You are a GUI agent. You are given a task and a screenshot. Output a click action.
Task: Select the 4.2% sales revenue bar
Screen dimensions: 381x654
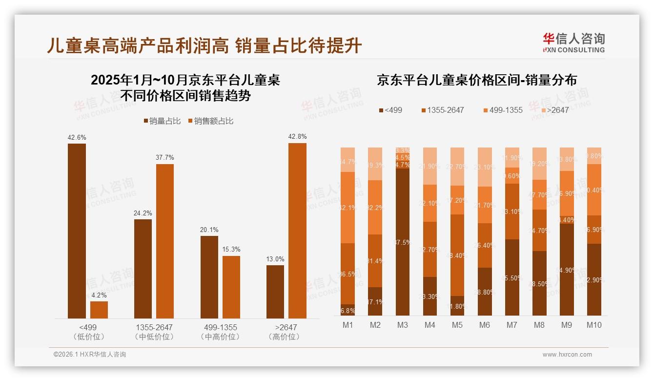click(99, 310)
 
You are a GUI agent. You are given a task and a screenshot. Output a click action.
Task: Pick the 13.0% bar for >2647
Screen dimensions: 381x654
click(275, 292)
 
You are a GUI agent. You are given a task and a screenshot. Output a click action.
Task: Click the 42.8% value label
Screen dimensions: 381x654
click(297, 137)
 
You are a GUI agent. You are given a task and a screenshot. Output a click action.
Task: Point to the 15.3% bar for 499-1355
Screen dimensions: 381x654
click(231, 287)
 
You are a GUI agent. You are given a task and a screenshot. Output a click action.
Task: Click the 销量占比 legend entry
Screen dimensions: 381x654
click(162, 121)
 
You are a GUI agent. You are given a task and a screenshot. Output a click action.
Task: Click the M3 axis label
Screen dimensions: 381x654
click(402, 325)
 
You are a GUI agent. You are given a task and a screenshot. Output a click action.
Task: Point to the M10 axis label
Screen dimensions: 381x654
click(593, 325)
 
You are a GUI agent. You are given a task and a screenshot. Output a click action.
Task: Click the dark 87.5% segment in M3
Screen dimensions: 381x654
click(402, 242)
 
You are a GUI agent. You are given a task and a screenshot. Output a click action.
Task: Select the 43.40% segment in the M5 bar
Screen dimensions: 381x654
click(457, 255)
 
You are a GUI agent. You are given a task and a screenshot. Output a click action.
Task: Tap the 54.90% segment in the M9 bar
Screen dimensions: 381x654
click(566, 269)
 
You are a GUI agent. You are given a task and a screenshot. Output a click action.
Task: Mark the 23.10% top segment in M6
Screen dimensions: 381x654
click(484, 167)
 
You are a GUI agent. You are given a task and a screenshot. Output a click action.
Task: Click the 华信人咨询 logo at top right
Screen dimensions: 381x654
click(573, 42)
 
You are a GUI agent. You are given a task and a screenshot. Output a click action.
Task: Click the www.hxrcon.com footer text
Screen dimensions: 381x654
click(567, 355)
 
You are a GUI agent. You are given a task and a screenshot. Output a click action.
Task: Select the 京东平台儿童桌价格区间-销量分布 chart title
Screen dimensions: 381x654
click(476, 81)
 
